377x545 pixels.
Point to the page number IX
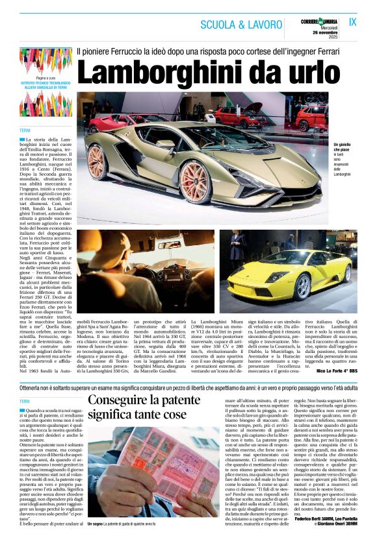click(353, 22)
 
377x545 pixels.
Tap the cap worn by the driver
click(103, 247)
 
